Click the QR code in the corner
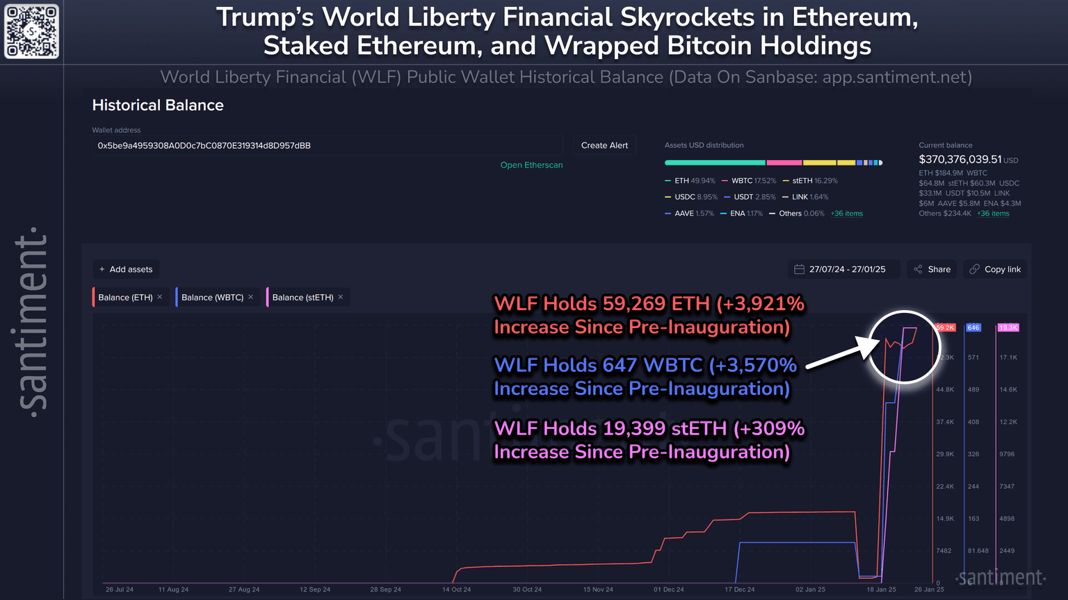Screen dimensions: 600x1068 pyautogui.click(x=32, y=32)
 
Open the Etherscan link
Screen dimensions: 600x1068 pyautogui.click(x=531, y=165)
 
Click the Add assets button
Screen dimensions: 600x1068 pyautogui.click(x=126, y=269)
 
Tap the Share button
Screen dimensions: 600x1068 pyautogui.click(x=932, y=269)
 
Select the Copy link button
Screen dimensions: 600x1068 pyautogui.click(x=995, y=269)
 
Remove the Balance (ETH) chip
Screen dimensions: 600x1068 pyautogui.click(x=160, y=297)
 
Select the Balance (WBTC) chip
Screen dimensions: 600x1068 pyautogui.click(x=212, y=298)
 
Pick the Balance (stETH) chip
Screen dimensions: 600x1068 pyautogui.click(x=302, y=298)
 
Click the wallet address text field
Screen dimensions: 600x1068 pyautogui.click(x=327, y=146)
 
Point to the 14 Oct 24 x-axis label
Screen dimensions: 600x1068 pyautogui.click(x=456, y=590)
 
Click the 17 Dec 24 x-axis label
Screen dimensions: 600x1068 pyautogui.click(x=739, y=590)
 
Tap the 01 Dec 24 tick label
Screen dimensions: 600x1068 pyautogui.click(x=668, y=590)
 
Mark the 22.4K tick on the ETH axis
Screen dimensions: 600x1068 pyautogui.click(x=945, y=487)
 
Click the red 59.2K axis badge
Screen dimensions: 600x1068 pyautogui.click(x=946, y=327)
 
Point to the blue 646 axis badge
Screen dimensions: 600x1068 pyautogui.click(x=973, y=327)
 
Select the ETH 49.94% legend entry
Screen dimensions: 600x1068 pyautogui.click(x=690, y=181)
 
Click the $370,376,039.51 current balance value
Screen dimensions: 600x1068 pyautogui.click(x=960, y=160)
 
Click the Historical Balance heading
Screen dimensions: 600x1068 pyautogui.click(x=158, y=106)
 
